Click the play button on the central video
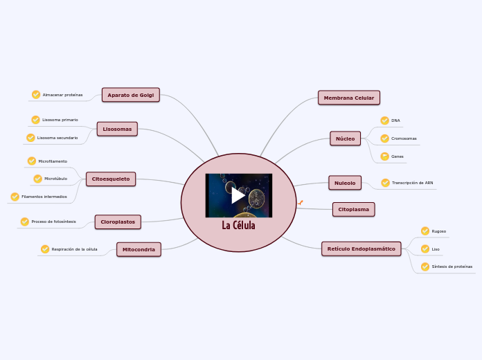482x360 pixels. tap(238, 196)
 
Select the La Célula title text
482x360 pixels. tap(238, 226)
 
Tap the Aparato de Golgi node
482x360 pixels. tap(131, 95)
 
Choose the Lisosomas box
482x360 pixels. tap(117, 129)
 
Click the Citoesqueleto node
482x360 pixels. tap(111, 179)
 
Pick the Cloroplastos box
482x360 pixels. tap(118, 222)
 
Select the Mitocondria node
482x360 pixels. tap(139, 249)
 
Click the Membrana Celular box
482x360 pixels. tap(349, 98)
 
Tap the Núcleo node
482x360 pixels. tap(345, 138)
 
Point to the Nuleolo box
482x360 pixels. tap(344, 183)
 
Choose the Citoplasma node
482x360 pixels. tap(353, 209)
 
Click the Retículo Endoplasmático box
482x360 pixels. tap(361, 249)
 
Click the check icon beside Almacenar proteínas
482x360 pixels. tap(36, 95)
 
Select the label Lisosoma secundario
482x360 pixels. tap(57, 138)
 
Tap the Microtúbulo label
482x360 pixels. tap(55, 179)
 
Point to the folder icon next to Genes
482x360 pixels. tap(384, 156)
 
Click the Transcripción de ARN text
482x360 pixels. tap(412, 183)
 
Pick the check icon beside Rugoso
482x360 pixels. tap(425, 231)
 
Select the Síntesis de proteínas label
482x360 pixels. tap(452, 267)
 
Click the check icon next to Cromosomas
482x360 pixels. tap(384, 138)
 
